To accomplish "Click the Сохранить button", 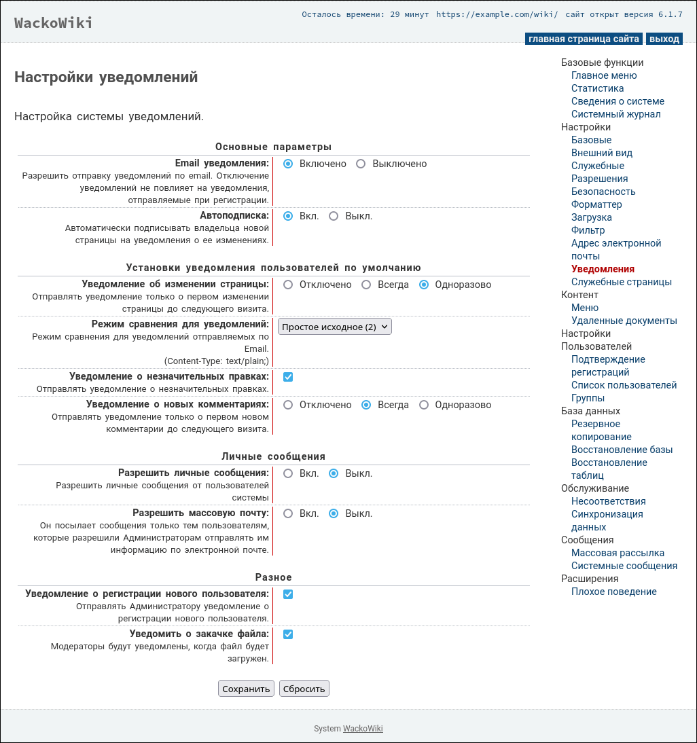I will pos(246,689).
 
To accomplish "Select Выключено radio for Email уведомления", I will pos(361,164).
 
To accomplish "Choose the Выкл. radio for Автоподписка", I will pos(334,216).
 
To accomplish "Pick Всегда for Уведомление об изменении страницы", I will pos(366,285).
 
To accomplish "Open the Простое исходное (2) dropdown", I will pos(335,327).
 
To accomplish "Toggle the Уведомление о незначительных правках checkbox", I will pos(288,377).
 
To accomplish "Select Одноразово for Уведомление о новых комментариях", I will pos(424,405).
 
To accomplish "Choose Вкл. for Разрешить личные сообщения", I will pos(288,473).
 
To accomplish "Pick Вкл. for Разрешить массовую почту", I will pos(288,513).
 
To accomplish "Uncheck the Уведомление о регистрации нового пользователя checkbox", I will pos(288,594).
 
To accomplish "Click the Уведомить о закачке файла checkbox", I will pos(288,634).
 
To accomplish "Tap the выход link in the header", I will pos(664,39).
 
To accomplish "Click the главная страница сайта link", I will pos(584,39).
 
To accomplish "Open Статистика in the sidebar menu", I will pos(597,88).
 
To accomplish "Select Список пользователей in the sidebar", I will pos(624,385).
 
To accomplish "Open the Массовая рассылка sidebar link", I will pos(618,553).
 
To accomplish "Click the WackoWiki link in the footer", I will pos(363,729).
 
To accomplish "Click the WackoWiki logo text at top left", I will pos(54,23).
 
